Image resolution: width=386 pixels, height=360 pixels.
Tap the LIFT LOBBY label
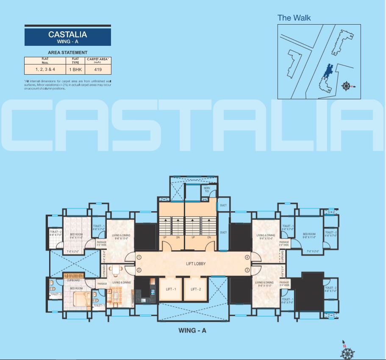[x=196, y=264]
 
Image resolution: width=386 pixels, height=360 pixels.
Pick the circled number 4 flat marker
[x=247, y=257]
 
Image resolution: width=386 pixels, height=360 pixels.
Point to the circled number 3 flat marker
[x=247, y=270]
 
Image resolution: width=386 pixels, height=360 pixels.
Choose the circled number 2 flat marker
[x=139, y=270]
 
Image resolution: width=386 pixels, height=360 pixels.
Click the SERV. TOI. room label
[x=207, y=190]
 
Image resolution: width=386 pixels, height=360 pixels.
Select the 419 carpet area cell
[x=98, y=69]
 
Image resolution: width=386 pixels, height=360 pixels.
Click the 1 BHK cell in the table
[x=75, y=69]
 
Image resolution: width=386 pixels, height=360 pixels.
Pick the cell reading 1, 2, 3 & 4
[x=45, y=69]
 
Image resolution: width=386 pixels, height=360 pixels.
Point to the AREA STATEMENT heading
[x=68, y=53]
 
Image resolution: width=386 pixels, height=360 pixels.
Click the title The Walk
[x=294, y=18]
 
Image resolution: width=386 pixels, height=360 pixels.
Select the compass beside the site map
[x=347, y=87]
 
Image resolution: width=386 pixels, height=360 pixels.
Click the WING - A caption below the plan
[x=192, y=330]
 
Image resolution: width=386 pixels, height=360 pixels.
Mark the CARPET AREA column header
[x=98, y=60]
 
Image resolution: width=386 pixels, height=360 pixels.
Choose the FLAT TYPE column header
[x=75, y=60]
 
